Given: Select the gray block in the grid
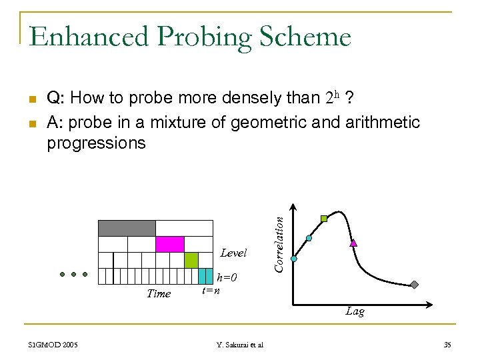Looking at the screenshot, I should click(127, 228).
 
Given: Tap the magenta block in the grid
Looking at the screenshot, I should click(169, 244).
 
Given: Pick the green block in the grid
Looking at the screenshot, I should click(191, 260).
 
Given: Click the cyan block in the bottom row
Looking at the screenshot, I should click(206, 275).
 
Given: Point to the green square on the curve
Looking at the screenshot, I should click(324, 218).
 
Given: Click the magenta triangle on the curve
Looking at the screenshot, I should click(353, 243).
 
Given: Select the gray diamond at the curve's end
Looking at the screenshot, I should click(414, 285).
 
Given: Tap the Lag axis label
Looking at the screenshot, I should click(355, 311).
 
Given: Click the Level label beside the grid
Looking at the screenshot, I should click(233, 253).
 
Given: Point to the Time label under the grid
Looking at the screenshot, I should click(159, 293).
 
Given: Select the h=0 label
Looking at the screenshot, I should click(227, 277).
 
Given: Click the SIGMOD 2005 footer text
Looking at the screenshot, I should click(53, 344).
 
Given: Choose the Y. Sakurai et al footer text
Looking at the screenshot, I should click(240, 344).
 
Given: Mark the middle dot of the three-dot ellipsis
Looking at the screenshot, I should click(73, 274).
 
